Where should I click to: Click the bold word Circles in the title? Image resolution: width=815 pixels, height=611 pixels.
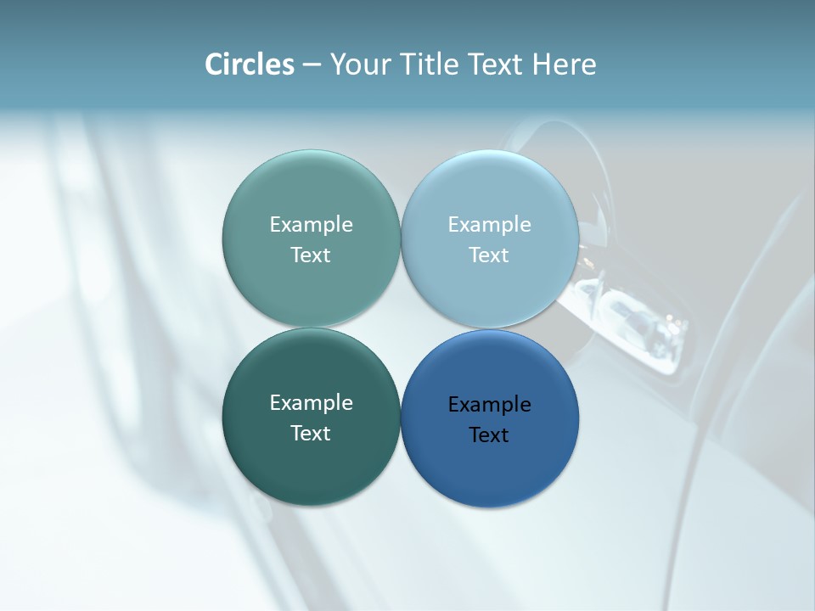250,64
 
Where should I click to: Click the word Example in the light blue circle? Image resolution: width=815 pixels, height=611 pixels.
489,224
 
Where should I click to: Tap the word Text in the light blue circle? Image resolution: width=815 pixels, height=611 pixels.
489,255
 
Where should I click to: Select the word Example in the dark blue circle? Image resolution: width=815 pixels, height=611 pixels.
489,404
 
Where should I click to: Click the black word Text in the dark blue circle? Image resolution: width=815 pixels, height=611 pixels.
489,434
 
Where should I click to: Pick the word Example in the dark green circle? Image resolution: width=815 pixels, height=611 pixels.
311,402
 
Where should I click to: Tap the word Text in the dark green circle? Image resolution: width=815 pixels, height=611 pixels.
311,433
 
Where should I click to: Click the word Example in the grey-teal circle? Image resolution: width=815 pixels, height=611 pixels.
311,224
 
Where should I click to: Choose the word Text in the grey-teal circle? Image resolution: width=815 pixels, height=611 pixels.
311,255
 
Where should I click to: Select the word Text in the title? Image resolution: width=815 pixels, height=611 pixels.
497,64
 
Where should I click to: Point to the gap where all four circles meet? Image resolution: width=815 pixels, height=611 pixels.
400,328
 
